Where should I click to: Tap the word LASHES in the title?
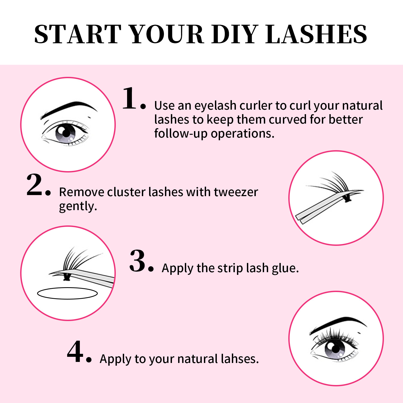316,34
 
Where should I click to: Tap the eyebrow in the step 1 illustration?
69,109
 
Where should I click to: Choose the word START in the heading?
78,34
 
